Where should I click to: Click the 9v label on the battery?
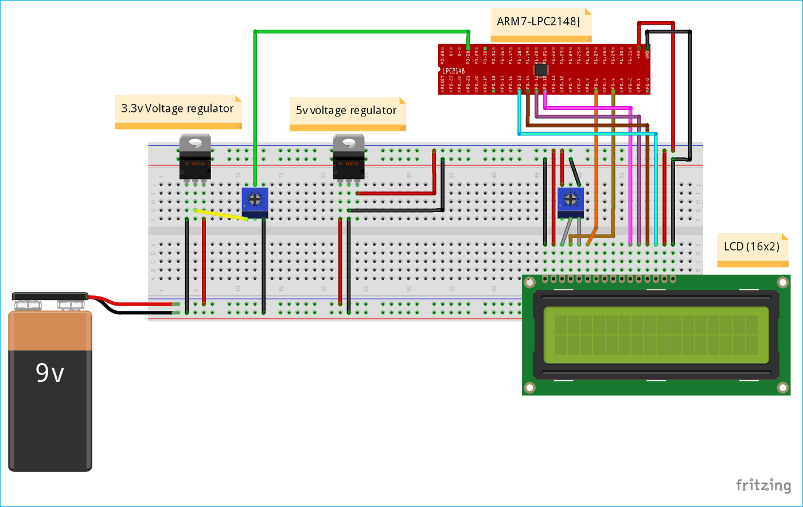pos(49,373)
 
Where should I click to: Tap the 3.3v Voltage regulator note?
pos(178,108)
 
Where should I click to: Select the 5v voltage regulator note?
pos(346,110)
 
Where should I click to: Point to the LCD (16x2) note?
pos(751,247)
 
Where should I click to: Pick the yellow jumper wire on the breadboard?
pos(221,214)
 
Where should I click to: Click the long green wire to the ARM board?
pos(361,32)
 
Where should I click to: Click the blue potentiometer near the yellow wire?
pos(255,201)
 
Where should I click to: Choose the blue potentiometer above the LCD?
pos(571,201)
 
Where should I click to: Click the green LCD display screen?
pos(656,335)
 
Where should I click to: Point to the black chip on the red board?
pos(540,69)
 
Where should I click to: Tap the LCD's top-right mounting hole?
pos(782,283)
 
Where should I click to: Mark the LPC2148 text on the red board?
pos(453,71)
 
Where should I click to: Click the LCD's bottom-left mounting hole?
pos(530,388)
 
